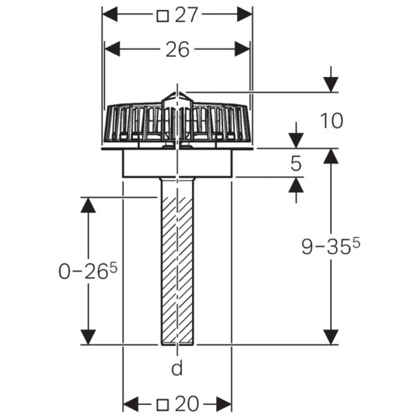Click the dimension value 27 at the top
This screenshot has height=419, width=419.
click(x=187, y=15)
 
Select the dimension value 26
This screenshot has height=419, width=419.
click(x=178, y=49)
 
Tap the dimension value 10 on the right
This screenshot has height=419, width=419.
click(x=332, y=121)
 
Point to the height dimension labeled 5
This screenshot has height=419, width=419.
click(x=296, y=163)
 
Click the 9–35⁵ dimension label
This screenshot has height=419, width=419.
click(x=331, y=246)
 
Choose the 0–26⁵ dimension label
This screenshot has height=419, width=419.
click(x=88, y=271)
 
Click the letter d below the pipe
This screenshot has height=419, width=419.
click(x=177, y=368)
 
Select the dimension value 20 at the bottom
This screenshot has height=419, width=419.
click(x=187, y=404)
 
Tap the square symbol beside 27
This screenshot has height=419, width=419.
click(x=163, y=16)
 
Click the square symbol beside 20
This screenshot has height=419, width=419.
click(x=163, y=405)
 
